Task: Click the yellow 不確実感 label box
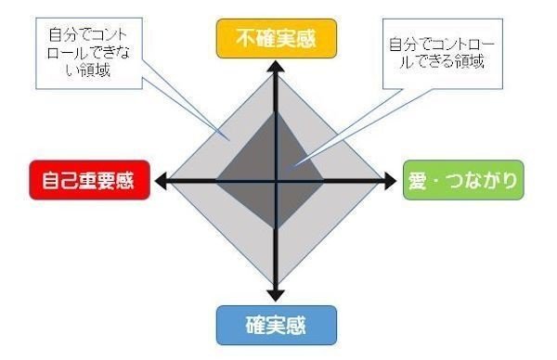tap(277, 40)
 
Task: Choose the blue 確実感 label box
tap(276, 324)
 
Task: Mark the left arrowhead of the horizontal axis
tap(162, 181)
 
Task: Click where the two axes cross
tap(277, 181)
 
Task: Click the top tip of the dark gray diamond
tap(277, 112)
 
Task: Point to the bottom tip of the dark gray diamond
tap(277, 232)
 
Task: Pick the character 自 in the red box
tap(45, 181)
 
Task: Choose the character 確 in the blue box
tap(256, 324)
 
